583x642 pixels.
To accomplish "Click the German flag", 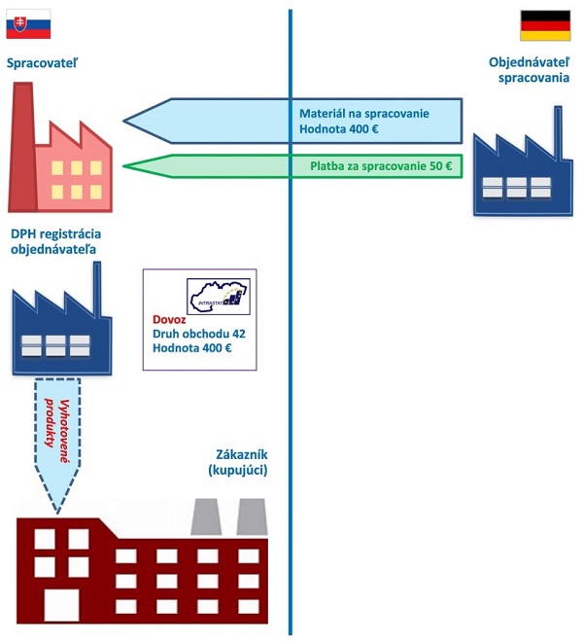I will tap(538, 25).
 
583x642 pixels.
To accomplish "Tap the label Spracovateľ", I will tap(41, 65).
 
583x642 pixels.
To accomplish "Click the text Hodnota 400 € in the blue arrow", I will tap(337, 128).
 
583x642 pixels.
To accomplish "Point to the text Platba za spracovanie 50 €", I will tap(381, 165).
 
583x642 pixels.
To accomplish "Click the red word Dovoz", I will tap(169, 320).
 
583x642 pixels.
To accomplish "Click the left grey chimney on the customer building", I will tap(205, 517).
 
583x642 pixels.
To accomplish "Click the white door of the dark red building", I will tap(61, 604).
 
